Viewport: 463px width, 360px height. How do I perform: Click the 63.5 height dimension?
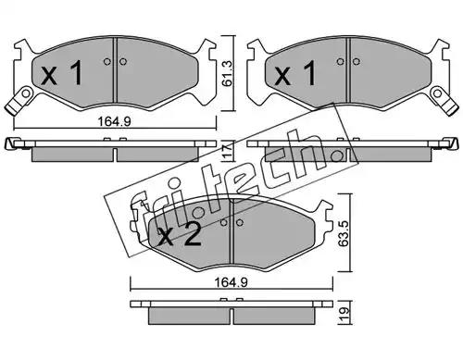[344, 233]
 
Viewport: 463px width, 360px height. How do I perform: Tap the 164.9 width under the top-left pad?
[115, 121]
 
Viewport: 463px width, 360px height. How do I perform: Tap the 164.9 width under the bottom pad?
[231, 282]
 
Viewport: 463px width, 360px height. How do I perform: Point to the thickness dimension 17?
[228, 151]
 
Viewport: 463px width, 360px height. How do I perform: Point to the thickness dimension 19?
[344, 314]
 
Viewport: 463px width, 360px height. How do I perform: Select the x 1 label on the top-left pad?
[62, 73]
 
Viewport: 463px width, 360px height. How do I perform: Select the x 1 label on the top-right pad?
[295, 73]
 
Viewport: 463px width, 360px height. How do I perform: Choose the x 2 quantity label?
[180, 234]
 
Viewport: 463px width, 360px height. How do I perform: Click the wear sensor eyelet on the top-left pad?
[26, 93]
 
